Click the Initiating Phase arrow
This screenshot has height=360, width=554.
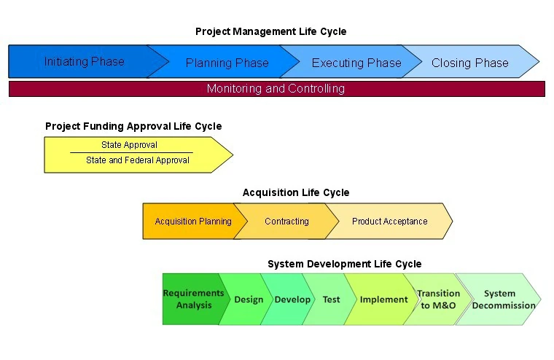click(84, 62)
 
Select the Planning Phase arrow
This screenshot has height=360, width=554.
click(227, 63)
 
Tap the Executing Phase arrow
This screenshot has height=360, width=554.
click(356, 63)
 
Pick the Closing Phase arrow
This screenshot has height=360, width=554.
click(470, 63)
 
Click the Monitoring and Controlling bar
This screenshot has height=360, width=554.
click(276, 89)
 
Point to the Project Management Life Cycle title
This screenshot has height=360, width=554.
click(270, 31)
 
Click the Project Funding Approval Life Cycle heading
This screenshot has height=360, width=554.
click(133, 126)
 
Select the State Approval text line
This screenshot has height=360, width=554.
click(129, 145)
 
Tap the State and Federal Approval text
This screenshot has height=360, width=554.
click(137, 160)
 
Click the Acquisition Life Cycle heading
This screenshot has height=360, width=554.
click(296, 192)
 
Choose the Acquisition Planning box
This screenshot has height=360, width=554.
click(192, 222)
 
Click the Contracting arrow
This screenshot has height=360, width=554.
click(286, 222)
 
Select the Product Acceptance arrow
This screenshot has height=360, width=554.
click(389, 222)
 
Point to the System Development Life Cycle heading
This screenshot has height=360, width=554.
click(344, 264)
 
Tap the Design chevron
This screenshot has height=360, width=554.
click(249, 300)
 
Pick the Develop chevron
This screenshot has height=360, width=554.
click(292, 300)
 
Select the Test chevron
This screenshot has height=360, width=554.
click(331, 300)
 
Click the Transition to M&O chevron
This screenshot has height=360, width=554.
click(438, 300)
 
